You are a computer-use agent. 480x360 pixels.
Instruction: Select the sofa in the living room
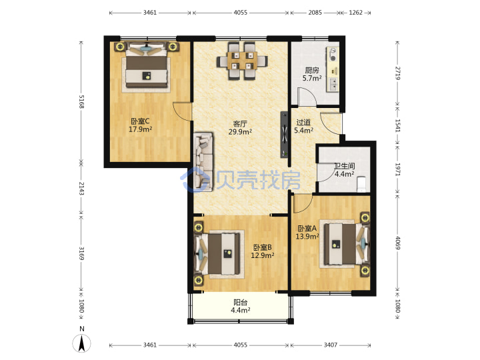203,161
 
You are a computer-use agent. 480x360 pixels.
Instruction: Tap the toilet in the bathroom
361,184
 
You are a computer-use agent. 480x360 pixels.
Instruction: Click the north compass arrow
82,343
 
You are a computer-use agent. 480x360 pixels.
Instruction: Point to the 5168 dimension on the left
82,101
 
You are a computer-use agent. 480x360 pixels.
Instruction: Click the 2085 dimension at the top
315,13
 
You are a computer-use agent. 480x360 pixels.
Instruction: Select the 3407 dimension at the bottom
331,345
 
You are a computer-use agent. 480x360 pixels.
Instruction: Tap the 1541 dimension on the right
397,125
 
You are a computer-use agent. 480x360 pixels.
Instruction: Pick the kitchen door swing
307,96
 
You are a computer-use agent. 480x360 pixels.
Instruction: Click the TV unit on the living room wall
285,135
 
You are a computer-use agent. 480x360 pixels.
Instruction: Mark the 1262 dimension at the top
356,13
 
